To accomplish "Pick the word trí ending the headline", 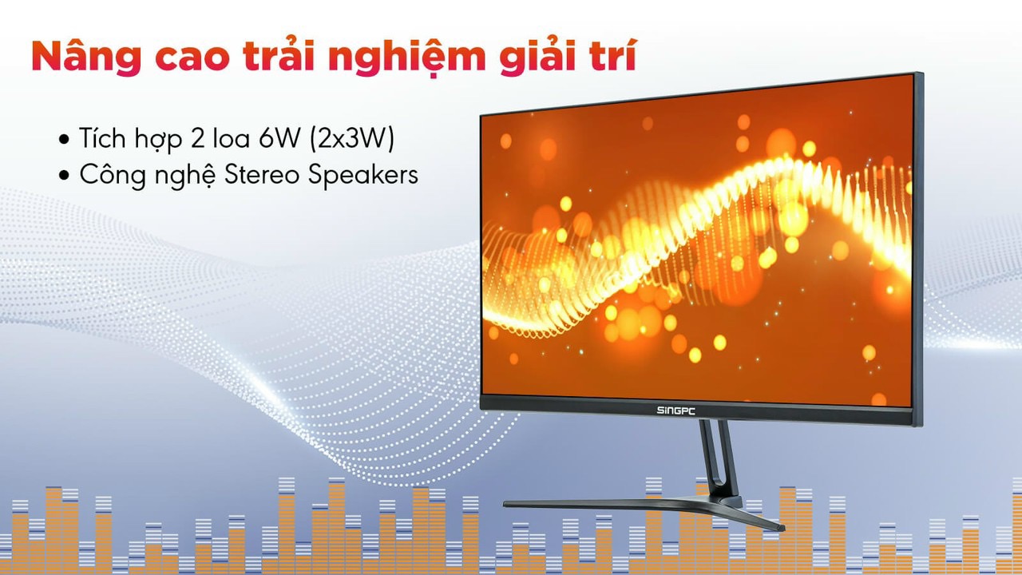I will coord(615,57).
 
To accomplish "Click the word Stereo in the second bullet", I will coord(260,175).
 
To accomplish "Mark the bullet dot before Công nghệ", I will coord(65,176).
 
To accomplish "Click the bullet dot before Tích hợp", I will coord(65,141).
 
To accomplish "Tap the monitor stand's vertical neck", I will coord(716,459).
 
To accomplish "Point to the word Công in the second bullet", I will coord(109,176).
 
